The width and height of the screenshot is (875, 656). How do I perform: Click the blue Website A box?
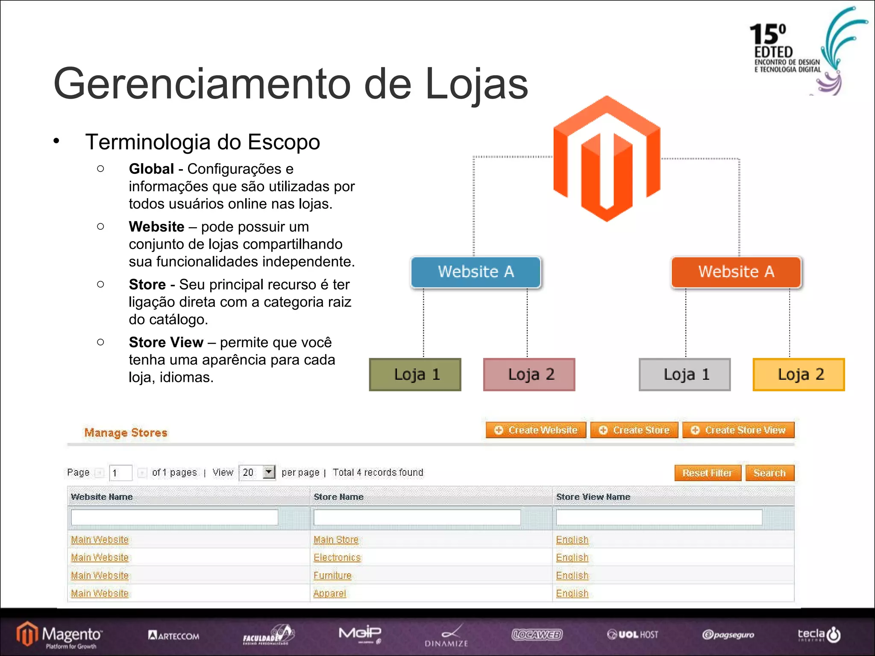(476, 272)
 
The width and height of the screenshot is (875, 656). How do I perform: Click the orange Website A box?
(736, 272)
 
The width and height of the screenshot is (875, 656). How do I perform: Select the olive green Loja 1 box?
(415, 375)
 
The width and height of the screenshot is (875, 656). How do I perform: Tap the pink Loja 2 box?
(529, 375)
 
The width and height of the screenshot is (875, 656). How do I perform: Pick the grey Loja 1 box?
(685, 375)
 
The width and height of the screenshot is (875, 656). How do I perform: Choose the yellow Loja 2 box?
(799, 375)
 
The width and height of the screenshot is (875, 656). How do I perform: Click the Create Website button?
(536, 430)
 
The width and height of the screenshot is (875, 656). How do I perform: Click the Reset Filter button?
(708, 473)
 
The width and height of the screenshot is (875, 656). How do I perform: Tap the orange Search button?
(770, 473)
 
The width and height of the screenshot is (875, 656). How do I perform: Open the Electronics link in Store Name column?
(337, 557)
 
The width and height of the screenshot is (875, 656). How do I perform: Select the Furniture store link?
(332, 575)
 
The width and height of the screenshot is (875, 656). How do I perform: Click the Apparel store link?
(329, 593)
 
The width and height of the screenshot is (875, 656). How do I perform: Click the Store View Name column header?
(593, 497)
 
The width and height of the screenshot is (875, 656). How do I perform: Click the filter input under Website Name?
(174, 517)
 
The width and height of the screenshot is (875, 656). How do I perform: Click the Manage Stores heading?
(126, 433)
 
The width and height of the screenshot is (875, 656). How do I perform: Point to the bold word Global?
(151, 169)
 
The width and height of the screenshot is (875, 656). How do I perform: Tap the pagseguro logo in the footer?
(728, 635)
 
